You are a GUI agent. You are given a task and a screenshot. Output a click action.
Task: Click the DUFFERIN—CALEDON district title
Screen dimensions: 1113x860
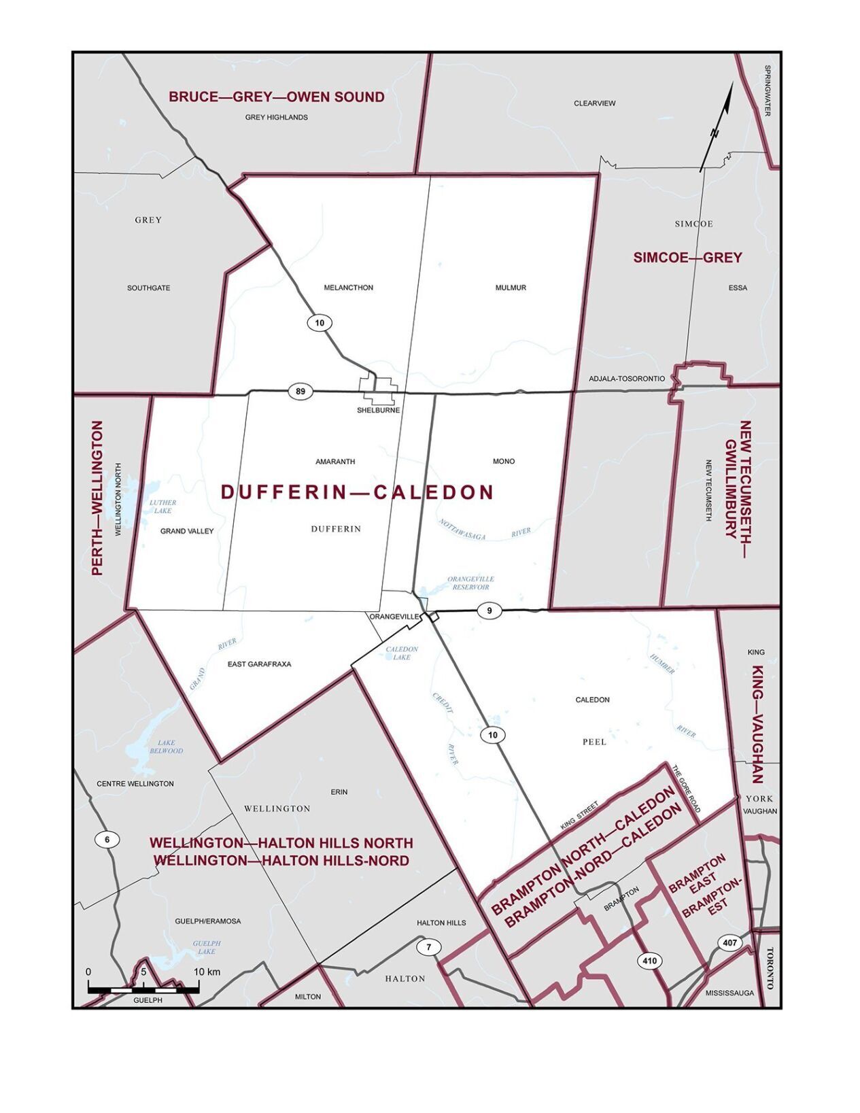point(357,492)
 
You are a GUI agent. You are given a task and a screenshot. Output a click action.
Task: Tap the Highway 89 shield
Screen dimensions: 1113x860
point(300,391)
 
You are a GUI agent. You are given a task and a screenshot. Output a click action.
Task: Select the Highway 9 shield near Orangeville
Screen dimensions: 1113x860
point(489,611)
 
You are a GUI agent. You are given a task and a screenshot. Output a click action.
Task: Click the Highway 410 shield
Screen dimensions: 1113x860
point(649,961)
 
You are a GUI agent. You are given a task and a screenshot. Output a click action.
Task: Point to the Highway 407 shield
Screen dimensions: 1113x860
point(729,942)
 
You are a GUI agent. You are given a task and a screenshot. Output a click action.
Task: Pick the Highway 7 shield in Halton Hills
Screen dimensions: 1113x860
point(428,947)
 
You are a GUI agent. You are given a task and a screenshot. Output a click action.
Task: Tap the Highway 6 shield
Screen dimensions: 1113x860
point(107,840)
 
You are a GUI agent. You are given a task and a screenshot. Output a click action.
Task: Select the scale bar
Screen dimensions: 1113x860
point(143,989)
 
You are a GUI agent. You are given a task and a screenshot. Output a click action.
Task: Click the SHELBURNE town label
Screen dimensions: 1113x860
point(378,411)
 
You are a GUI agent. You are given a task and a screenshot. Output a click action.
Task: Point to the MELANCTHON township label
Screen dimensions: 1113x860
point(348,288)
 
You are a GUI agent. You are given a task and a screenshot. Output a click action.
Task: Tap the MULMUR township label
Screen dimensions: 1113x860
point(511,288)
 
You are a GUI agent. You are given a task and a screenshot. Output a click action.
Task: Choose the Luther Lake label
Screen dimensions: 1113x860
point(162,507)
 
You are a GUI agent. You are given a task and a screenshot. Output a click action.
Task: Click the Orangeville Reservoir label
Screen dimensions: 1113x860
point(470,583)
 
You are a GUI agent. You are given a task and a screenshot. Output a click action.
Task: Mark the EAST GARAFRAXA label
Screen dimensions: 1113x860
point(259,664)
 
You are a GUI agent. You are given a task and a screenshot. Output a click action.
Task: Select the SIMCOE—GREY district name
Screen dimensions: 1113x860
point(687,258)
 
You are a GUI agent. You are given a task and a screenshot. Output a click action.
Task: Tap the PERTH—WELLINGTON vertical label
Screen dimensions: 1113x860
point(98,498)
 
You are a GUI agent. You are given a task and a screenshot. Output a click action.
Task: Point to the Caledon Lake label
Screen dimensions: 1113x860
point(402,653)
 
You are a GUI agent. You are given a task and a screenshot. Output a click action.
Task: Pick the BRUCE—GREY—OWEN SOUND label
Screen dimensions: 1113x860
point(277,97)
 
